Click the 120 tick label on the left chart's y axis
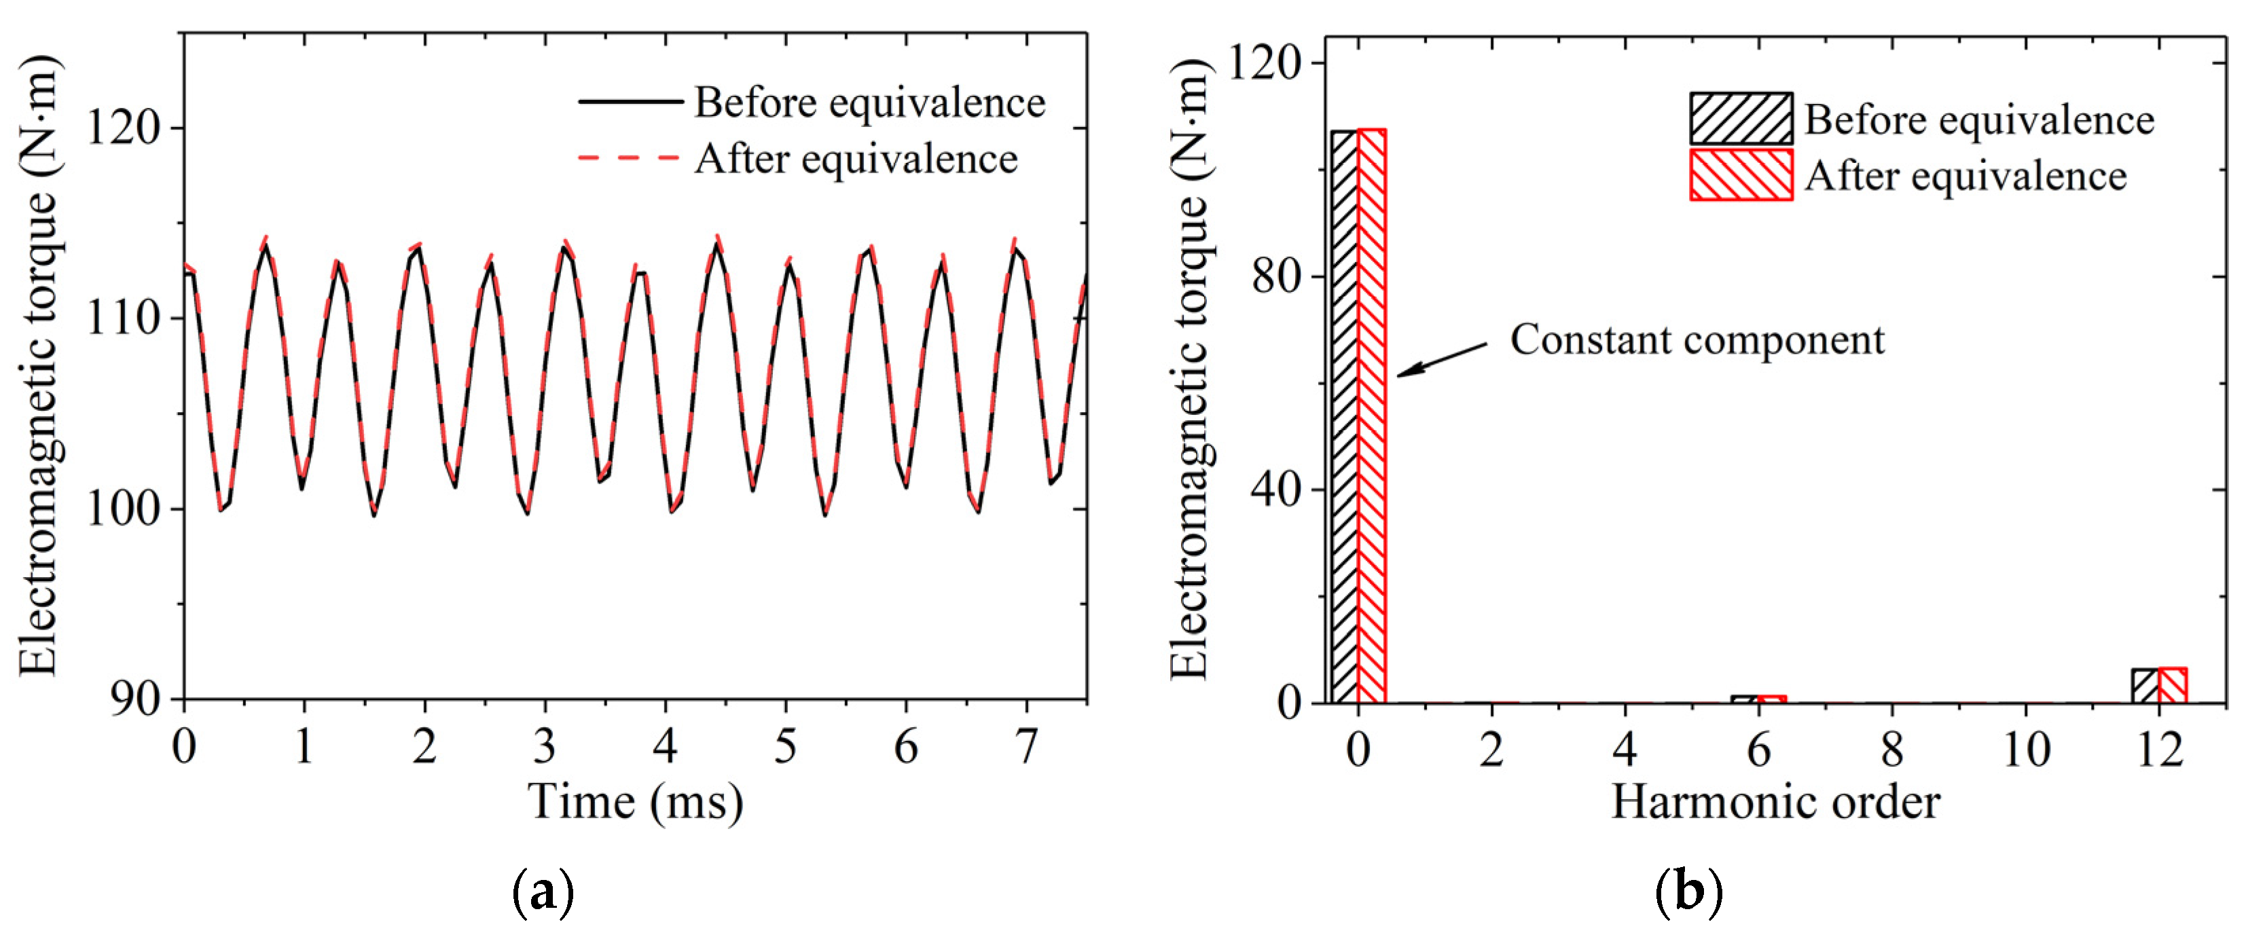pyautogui.click(x=125, y=129)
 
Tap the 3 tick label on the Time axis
pyautogui.click(x=545, y=747)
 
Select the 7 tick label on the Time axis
pyautogui.click(x=1026, y=747)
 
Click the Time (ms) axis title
pyautogui.click(x=635, y=801)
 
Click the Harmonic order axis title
pyautogui.click(x=1775, y=801)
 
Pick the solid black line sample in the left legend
pyautogui.click(x=630, y=102)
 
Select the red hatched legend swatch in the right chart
pyautogui.click(x=1741, y=174)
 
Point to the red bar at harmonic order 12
pyautogui.click(x=2172, y=686)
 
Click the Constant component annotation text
pyautogui.click(x=1697, y=339)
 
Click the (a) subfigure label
pyautogui.click(x=543, y=892)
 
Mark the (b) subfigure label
pyautogui.click(x=1688, y=892)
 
